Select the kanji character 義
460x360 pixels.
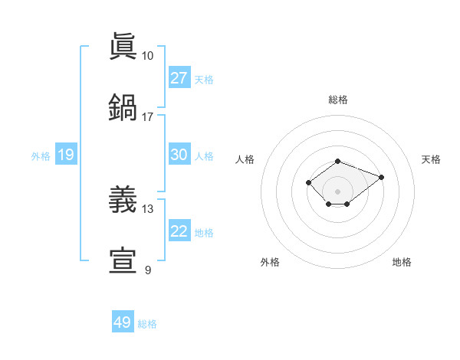point(123,200)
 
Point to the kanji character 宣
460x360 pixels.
point(123,261)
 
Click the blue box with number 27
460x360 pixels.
point(179,78)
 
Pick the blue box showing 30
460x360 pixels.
point(179,155)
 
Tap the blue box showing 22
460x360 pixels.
point(179,231)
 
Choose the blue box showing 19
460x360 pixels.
point(66,155)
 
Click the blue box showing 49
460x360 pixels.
point(123,322)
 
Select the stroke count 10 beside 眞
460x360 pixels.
point(147,56)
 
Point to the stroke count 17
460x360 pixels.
point(147,117)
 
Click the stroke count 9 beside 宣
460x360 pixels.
point(147,270)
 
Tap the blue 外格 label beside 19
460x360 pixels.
point(41,155)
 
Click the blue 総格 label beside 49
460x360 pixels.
point(147,324)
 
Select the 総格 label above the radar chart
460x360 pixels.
point(337,100)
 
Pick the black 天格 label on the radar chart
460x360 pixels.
point(431,159)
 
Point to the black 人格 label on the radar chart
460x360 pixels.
point(245,159)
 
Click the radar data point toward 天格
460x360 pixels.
point(381,177)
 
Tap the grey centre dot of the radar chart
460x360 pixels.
point(337,191)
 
